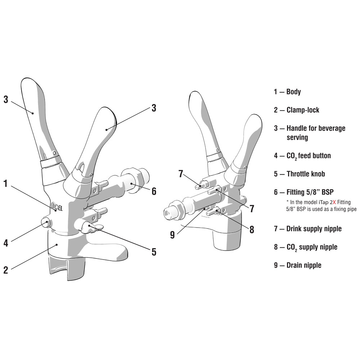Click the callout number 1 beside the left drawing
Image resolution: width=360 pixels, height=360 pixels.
6,184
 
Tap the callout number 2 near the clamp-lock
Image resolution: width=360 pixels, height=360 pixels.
6,270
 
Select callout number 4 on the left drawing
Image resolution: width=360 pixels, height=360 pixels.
6,243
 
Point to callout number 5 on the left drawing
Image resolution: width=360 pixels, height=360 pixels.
154,252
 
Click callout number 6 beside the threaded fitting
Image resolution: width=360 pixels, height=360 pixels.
154,191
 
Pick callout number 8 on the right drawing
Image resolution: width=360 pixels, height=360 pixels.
252,230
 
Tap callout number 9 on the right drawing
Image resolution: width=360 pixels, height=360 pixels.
172,235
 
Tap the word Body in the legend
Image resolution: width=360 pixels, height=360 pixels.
293,92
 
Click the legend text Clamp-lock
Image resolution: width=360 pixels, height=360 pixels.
303,110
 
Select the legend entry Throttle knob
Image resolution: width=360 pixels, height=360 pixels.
306,174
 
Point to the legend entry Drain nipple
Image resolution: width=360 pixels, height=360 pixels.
304,265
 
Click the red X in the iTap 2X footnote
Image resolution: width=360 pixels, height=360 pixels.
334,202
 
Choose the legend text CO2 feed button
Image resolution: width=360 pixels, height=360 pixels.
309,156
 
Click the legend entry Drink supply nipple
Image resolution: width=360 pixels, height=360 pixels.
314,229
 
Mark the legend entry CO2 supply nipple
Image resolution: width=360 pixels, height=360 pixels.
312,247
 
